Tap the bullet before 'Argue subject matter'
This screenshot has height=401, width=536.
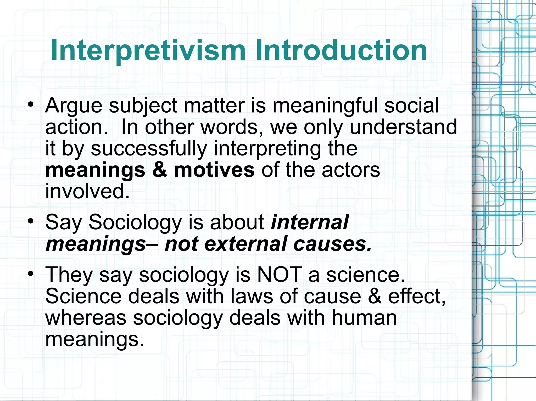coord(31,104)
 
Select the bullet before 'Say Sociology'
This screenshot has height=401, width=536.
coord(31,222)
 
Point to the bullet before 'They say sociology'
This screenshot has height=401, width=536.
coord(31,274)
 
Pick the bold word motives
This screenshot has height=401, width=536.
coord(214,170)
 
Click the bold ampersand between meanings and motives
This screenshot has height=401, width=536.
coord(160,170)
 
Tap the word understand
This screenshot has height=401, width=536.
coord(403,127)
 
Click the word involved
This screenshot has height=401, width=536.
coord(87,191)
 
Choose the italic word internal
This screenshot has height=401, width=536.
coord(310,222)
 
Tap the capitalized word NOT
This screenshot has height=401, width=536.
coord(279,275)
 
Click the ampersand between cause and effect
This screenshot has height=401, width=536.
coord(375,296)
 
